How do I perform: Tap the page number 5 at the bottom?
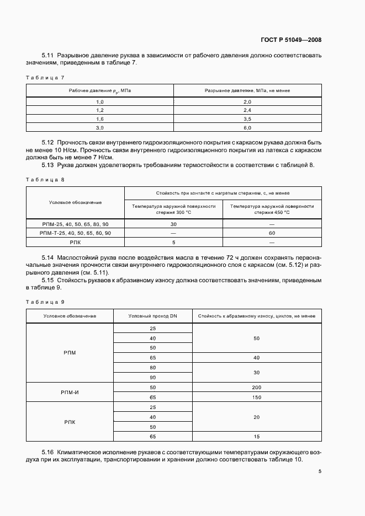[x=320, y=471]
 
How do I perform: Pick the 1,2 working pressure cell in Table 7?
[x=100, y=110]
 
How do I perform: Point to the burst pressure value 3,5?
[x=247, y=119]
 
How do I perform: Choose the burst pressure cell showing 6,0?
[x=247, y=128]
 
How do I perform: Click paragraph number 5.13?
[x=50, y=165]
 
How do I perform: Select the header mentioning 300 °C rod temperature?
[x=173, y=209]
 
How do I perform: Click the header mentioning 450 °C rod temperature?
[x=272, y=209]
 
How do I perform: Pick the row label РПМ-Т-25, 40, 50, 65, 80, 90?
[x=76, y=233]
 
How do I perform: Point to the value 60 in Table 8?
[x=272, y=233]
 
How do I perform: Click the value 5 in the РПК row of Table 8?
[x=173, y=242]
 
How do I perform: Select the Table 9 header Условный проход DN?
[x=152, y=316]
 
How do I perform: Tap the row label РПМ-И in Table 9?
[x=70, y=392]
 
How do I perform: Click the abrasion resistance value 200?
[x=256, y=388]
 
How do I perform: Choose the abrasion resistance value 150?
[x=256, y=397]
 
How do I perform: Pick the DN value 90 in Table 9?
[x=152, y=378]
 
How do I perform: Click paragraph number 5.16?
[x=50, y=451]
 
